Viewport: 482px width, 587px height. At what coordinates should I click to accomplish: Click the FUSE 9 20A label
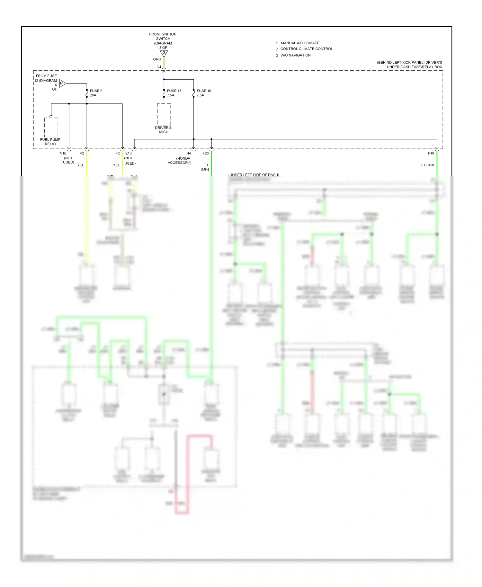click(96, 93)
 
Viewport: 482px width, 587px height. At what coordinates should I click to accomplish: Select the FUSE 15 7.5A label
click(174, 93)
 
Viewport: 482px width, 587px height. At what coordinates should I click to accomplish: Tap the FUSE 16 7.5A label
click(203, 93)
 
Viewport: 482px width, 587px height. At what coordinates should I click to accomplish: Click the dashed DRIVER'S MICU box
click(164, 114)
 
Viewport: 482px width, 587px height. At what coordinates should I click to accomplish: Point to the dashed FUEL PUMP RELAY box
click(51, 127)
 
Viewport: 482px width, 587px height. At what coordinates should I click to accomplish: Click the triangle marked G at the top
click(164, 53)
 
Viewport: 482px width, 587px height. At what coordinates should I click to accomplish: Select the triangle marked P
click(62, 83)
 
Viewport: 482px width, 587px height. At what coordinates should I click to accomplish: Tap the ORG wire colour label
click(157, 59)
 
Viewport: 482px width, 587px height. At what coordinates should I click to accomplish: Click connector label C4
click(159, 67)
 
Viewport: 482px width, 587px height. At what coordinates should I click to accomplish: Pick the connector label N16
click(63, 153)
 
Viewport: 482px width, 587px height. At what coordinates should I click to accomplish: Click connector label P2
click(82, 153)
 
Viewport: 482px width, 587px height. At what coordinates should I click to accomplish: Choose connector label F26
click(206, 153)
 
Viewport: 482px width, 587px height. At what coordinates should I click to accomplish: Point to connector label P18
click(431, 153)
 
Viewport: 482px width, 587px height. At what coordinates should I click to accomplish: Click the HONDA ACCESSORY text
click(180, 161)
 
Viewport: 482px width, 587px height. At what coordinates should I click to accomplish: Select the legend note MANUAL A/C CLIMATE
click(300, 43)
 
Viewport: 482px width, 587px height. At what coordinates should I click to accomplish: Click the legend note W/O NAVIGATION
click(295, 55)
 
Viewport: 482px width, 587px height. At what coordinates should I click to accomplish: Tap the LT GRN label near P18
click(427, 165)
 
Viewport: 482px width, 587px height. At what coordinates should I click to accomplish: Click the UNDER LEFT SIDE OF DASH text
click(254, 175)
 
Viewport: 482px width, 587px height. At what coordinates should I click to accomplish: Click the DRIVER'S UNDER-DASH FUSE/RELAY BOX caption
click(410, 65)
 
